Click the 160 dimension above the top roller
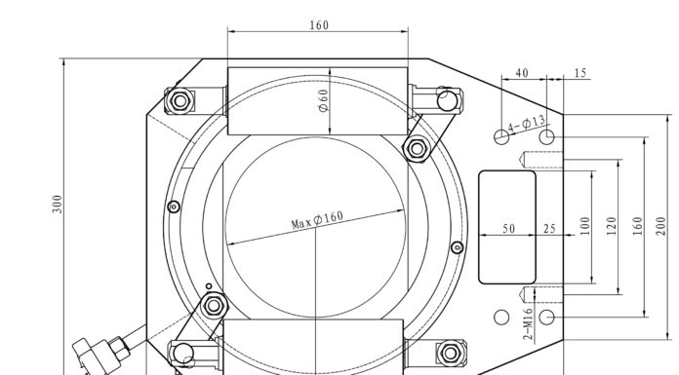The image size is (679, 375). pos(319,25)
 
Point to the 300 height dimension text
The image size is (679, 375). pos(58,204)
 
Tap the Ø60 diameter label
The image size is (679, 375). pos(324,100)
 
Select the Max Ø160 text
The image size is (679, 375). pos(317,219)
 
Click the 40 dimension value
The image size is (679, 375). pos(522,73)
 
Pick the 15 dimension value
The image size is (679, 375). pos(580,73)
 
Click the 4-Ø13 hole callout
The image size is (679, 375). pos(527,124)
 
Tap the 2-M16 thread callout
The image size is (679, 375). pos(528,324)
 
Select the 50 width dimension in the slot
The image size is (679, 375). pos(509,228)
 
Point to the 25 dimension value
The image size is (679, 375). pos(549,228)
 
